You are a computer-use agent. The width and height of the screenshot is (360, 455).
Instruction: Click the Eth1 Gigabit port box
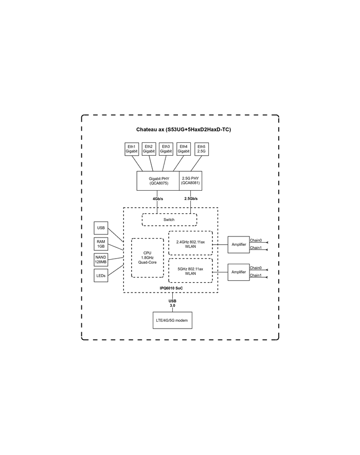tap(132, 149)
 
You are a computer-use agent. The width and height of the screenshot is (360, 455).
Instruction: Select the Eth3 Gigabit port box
tap(166, 149)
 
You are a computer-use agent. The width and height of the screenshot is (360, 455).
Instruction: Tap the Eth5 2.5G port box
tap(202, 149)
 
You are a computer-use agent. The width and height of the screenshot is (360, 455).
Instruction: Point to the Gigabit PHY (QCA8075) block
tap(158, 181)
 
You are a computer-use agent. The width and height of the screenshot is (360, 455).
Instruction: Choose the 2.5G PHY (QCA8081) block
tap(190, 181)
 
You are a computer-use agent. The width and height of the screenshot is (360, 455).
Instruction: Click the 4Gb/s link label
tap(158, 199)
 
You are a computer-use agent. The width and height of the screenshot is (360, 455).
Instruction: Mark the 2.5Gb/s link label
tap(191, 199)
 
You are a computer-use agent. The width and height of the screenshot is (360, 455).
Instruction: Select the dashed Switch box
tap(169, 220)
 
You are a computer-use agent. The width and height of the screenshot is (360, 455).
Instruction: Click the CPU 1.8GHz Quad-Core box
tap(148, 258)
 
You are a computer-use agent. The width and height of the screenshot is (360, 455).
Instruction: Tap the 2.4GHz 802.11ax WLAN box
tap(190, 243)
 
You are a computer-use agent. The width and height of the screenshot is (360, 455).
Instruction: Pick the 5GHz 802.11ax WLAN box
tap(190, 270)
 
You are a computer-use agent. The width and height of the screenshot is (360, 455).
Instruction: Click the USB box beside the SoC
tap(101, 228)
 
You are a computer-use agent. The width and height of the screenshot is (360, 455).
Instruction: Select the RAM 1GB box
tap(101, 244)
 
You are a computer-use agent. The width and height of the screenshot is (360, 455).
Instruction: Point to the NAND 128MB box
tap(101, 260)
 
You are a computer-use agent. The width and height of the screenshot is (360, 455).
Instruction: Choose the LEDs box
tap(101, 276)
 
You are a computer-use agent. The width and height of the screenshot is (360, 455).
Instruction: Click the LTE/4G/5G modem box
tap(172, 320)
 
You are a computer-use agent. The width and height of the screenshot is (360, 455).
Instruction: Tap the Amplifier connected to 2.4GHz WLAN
tap(239, 245)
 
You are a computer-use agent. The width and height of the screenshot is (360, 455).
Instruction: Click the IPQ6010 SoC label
tap(171, 288)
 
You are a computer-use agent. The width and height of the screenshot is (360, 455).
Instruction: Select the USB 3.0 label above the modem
tap(172, 303)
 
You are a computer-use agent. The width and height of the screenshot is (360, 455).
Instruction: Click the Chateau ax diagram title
tap(184, 130)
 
